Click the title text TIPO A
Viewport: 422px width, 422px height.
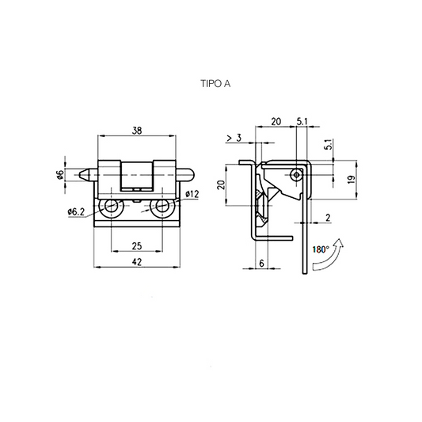(215, 84)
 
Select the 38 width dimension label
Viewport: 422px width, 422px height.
(137, 131)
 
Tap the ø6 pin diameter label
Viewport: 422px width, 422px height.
(60, 174)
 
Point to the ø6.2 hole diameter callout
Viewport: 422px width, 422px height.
(76, 212)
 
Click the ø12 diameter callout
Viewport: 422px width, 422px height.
(192, 194)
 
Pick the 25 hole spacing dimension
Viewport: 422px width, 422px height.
(137, 246)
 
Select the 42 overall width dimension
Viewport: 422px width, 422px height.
(137, 261)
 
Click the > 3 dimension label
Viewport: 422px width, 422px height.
(234, 138)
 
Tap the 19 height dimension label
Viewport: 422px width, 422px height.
(352, 180)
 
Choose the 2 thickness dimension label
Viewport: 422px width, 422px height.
(328, 218)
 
